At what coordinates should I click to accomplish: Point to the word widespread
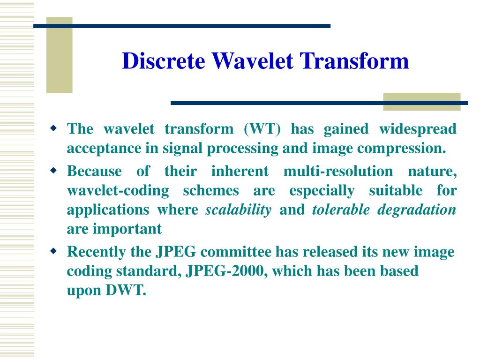tap(417, 129)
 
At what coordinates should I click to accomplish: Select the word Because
tap(94, 171)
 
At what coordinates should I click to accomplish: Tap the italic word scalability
tap(239, 210)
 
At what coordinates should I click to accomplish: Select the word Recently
tap(97, 252)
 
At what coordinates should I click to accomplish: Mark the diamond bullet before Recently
tap(54, 252)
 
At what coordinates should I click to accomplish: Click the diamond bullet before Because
tap(54, 170)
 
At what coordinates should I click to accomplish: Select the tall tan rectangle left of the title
tap(59, 55)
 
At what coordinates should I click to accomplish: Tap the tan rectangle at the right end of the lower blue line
tap(421, 102)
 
